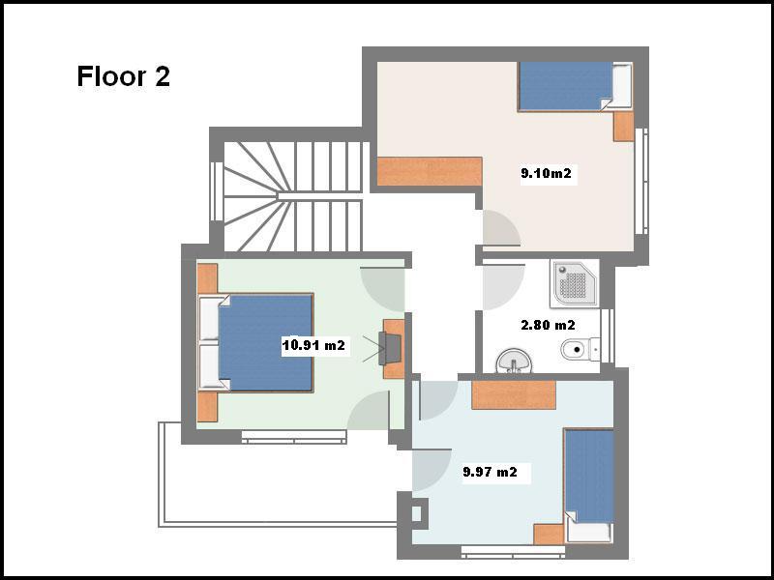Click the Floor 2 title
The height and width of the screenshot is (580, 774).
pos(124,76)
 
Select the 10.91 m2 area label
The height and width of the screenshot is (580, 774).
pos(313,345)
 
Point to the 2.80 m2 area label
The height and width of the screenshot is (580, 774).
pos(548,325)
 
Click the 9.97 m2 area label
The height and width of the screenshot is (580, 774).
pos(490,472)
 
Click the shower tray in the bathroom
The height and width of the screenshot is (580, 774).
pos(575,283)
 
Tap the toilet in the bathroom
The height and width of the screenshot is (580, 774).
pos(580,350)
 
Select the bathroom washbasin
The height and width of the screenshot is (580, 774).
pos(514,361)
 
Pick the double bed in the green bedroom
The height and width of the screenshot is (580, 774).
pos(255,343)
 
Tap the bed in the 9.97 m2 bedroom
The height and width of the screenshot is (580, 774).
pos(589,486)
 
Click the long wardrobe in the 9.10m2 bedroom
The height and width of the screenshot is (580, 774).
pos(430,172)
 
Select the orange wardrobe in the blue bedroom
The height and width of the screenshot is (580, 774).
pos(514,394)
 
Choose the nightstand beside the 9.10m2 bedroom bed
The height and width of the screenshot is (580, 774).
pos(623,127)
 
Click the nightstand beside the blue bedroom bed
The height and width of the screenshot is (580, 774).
pos(549,535)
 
